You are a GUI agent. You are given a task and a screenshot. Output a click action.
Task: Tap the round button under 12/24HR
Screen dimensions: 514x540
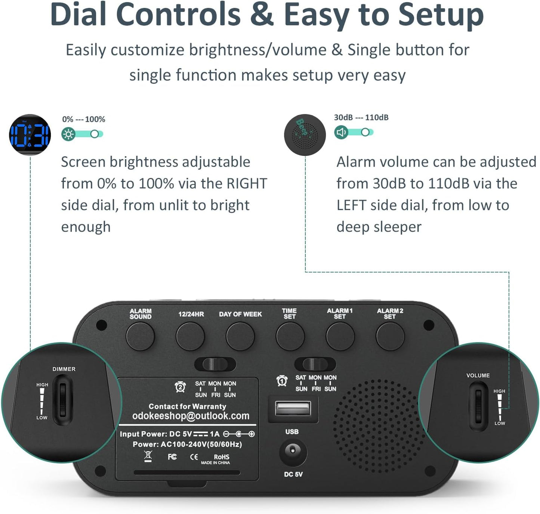pyautogui.click(x=190, y=336)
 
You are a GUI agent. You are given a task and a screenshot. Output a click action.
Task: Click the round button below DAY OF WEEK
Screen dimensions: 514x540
pyautogui.click(x=240, y=336)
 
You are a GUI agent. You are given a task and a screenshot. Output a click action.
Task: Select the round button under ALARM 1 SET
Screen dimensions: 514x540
pyautogui.click(x=340, y=336)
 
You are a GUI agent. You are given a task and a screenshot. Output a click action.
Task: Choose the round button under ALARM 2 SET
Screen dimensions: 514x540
pyautogui.click(x=390, y=336)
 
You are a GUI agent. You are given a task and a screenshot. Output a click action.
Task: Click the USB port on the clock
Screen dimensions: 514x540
pyautogui.click(x=293, y=409)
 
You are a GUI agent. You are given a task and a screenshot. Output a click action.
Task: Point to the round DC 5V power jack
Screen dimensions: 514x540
pyautogui.click(x=293, y=452)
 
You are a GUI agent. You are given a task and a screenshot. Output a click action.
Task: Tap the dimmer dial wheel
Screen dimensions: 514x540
pyautogui.click(x=62, y=400)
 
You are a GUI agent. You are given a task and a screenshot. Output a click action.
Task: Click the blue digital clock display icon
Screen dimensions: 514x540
pyautogui.click(x=30, y=135)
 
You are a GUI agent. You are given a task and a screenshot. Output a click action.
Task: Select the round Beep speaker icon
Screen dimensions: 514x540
pyautogui.click(x=305, y=135)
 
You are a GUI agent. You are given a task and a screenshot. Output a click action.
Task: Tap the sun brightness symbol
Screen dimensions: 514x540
pyautogui.click(x=68, y=134)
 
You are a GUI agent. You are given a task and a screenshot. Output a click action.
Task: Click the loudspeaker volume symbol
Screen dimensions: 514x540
pyautogui.click(x=341, y=132)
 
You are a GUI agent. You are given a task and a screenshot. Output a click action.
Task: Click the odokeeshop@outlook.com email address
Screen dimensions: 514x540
pyautogui.click(x=191, y=416)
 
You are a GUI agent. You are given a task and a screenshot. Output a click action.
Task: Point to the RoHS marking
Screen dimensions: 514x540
pyautogui.click(x=221, y=457)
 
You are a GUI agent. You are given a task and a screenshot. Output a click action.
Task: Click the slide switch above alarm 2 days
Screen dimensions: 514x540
pyautogui.click(x=215, y=364)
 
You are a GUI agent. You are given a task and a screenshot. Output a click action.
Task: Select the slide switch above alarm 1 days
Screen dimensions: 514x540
pyautogui.click(x=315, y=364)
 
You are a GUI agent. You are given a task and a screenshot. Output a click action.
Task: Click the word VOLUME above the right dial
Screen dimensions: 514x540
pyautogui.click(x=478, y=375)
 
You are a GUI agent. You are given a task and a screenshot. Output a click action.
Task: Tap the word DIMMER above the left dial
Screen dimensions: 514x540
pyautogui.click(x=64, y=369)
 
